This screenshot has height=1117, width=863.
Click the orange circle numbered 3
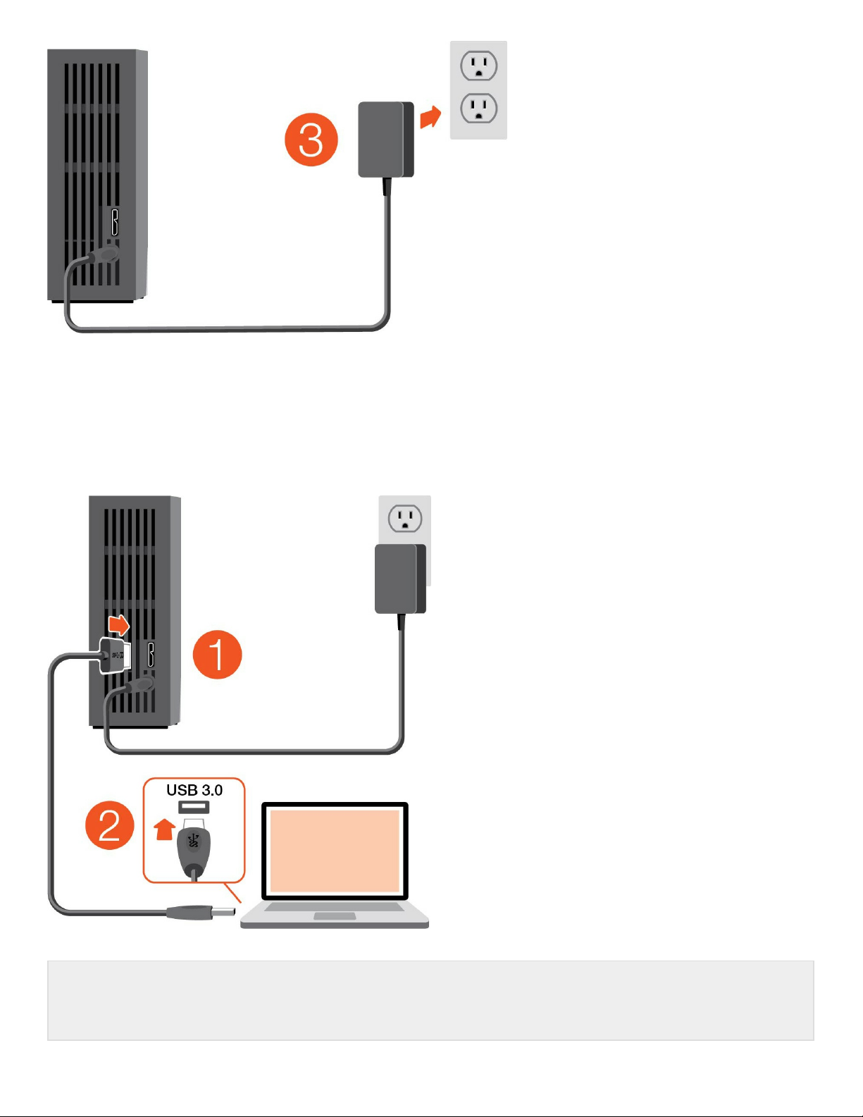[x=311, y=140]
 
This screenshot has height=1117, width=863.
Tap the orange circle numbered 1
[x=217, y=655]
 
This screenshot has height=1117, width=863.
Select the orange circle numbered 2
[x=110, y=825]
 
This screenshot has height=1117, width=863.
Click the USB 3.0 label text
[x=194, y=790]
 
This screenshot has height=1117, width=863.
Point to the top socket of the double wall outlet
[x=479, y=66]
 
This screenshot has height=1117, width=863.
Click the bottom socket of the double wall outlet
[x=479, y=109]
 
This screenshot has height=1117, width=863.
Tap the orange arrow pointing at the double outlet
[x=430, y=117]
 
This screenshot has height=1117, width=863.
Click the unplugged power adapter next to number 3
[x=385, y=140]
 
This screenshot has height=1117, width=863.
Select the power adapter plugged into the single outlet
[x=399, y=579]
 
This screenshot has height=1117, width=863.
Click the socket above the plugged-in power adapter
[x=405, y=519]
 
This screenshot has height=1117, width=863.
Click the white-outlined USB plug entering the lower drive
[x=115, y=655]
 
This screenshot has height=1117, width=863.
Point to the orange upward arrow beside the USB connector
[x=164, y=829]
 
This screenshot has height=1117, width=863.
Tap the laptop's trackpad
[x=335, y=916]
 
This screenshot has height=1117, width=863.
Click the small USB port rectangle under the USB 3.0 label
[x=194, y=807]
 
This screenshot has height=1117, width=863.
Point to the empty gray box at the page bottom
[x=430, y=1000]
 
